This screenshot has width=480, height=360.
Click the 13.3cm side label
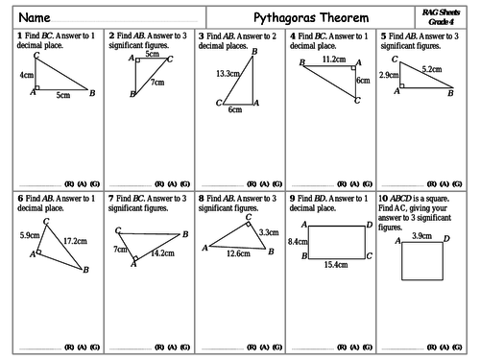[x=228, y=74]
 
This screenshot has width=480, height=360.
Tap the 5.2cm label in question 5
[x=432, y=70]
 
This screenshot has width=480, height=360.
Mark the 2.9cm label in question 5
[x=389, y=74]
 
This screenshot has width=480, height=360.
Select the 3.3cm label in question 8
[x=268, y=231]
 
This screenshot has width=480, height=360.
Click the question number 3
[x=200, y=36]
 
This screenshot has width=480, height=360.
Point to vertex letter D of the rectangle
[x=370, y=225]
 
